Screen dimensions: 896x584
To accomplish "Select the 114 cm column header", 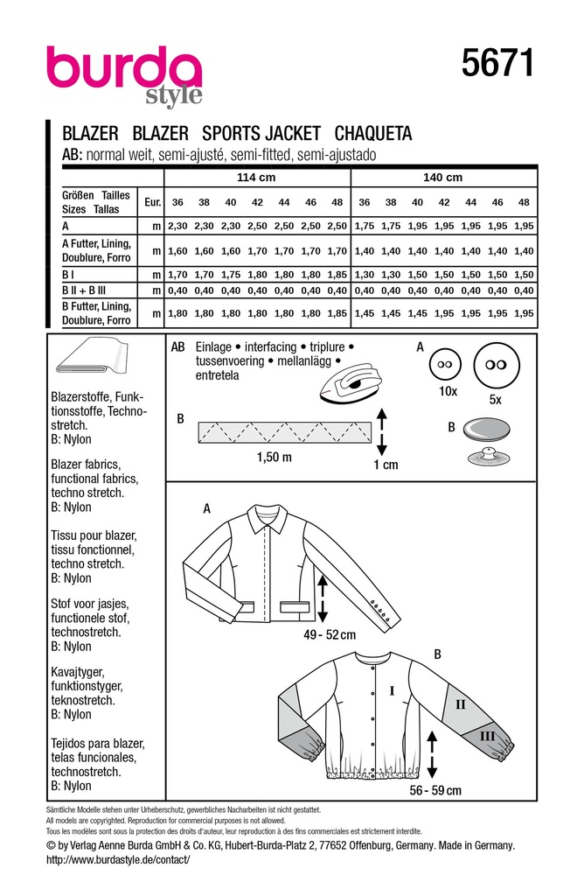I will point(257,178).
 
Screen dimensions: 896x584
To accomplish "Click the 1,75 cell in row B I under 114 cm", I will point(230,273).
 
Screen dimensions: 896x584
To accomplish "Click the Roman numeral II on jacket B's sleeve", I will point(460,702).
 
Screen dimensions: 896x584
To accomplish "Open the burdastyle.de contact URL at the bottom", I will point(116,860).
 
